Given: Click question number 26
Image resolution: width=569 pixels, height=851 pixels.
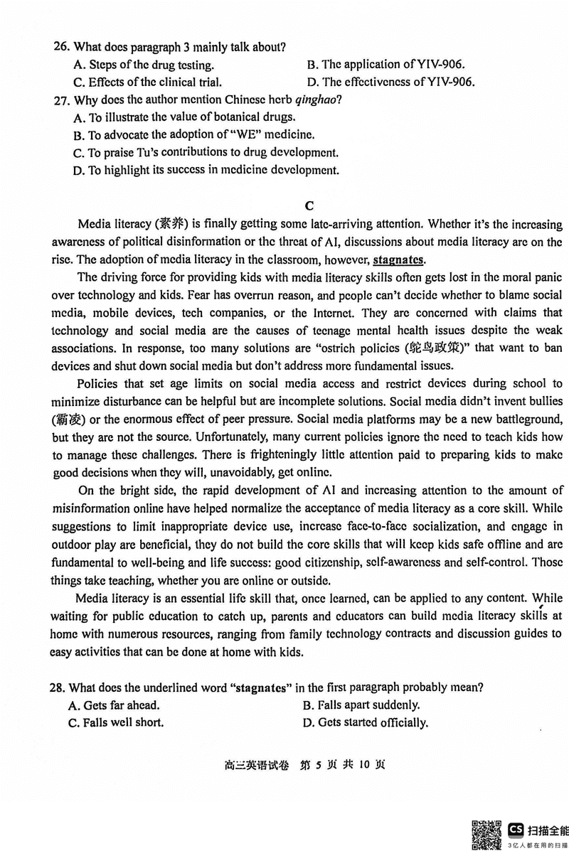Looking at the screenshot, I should [61, 47].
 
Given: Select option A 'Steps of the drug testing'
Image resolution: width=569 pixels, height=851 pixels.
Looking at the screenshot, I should [142, 65].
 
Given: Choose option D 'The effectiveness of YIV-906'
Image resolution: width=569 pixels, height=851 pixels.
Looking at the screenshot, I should [390, 82].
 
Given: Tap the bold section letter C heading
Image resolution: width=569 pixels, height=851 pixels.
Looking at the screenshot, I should [309, 206].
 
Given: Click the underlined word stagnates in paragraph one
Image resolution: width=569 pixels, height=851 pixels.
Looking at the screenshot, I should [398, 259].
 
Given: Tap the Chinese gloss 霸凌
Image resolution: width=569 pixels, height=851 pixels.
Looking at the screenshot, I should [66, 419].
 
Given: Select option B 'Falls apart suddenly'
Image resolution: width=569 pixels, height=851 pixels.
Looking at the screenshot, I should [361, 705].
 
